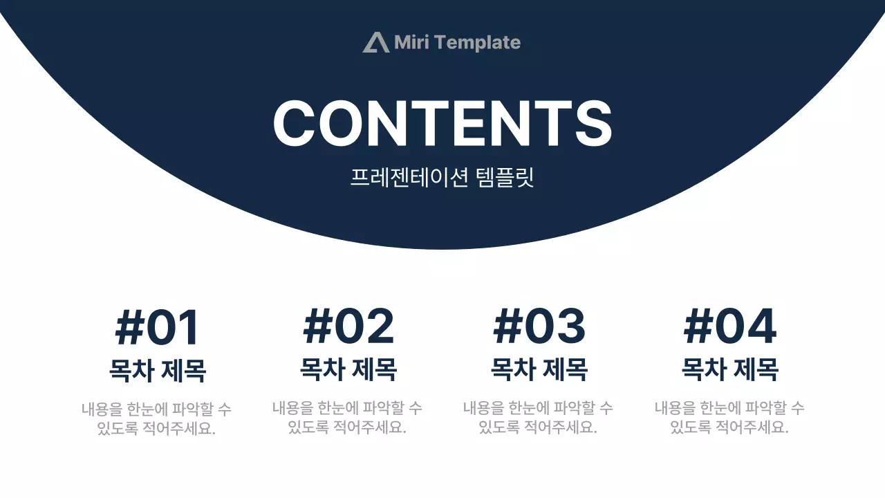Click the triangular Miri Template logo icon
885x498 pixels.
pyautogui.click(x=376, y=42)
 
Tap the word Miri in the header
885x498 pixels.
pyautogui.click(x=411, y=42)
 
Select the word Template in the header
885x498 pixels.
pyautogui.click(x=478, y=43)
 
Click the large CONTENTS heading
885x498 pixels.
pyautogui.click(x=442, y=123)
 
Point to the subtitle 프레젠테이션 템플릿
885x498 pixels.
pyautogui.click(x=442, y=178)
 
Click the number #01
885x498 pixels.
pyautogui.click(x=158, y=328)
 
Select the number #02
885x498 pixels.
pyautogui.click(x=348, y=327)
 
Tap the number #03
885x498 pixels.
pyautogui.click(x=539, y=327)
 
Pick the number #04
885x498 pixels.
pyautogui.click(x=730, y=327)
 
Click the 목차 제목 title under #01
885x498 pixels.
pyautogui.click(x=158, y=370)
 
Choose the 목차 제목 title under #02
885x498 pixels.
pyautogui.click(x=348, y=369)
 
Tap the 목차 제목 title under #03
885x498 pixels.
pyautogui.click(x=539, y=369)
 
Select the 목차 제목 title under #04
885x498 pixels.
pyautogui.click(x=730, y=369)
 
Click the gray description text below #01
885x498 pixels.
pyautogui.click(x=156, y=418)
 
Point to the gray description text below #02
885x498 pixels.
pyautogui.click(x=347, y=418)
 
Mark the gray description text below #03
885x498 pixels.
pyautogui.click(x=538, y=418)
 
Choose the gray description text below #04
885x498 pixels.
pyautogui.click(x=729, y=418)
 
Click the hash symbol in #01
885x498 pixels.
pyautogui.click(x=129, y=328)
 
